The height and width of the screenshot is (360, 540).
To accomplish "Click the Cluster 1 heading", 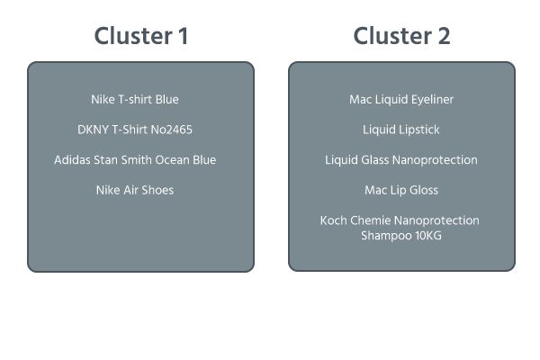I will pos(140,36).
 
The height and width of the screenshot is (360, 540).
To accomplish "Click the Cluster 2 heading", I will pos(401,36).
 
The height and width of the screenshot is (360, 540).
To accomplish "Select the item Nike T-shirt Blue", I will pos(141,99).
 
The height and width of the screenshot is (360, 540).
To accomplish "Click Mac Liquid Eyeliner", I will pos(401,99).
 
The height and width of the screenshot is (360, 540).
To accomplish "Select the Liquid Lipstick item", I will pos(401,130).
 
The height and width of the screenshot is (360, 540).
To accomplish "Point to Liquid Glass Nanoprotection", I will pos(401,160).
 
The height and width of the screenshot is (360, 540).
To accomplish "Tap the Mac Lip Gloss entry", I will pos(401,191).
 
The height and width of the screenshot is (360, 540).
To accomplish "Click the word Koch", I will pos(335,220).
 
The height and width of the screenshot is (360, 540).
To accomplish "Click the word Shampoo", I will pos(384,236).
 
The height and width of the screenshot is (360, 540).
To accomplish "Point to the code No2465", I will pos(170,130).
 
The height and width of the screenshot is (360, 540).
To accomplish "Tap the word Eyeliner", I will pos(428,99).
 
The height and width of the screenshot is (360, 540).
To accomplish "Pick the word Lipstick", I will pos(418,130).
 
